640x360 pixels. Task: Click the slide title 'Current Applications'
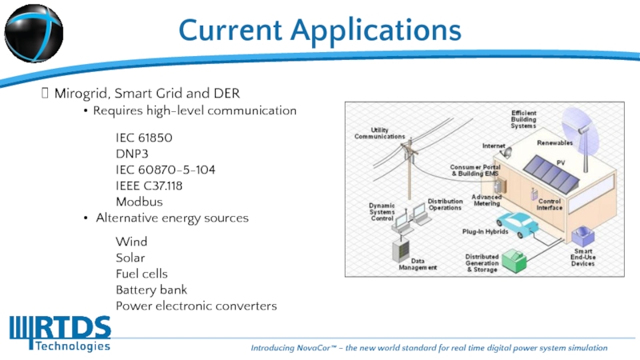(x=320, y=30)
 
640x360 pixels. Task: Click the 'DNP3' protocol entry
(x=133, y=154)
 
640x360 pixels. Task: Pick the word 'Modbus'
(x=139, y=202)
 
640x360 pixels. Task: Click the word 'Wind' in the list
(x=131, y=242)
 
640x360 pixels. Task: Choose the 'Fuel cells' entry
(x=142, y=274)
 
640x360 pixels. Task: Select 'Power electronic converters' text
(x=196, y=306)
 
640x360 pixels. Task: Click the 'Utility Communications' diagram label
(x=379, y=134)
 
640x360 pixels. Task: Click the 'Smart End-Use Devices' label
(x=583, y=257)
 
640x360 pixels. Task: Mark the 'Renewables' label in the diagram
(x=554, y=142)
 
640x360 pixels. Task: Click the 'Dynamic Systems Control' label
(x=382, y=212)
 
